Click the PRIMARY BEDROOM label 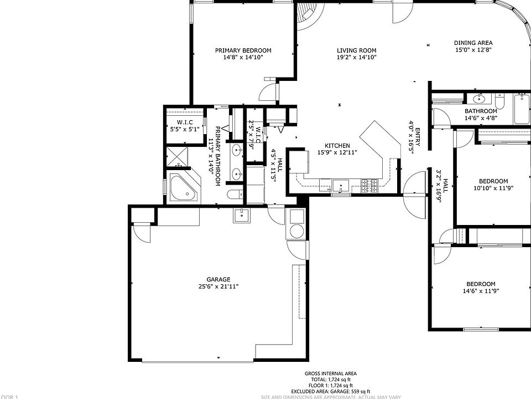click(243, 50)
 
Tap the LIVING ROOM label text click(356, 50)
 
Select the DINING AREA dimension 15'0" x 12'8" click(473, 50)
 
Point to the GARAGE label click(218, 279)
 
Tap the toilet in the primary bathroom click(234, 195)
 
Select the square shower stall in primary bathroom click(178, 155)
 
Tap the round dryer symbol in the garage click(296, 231)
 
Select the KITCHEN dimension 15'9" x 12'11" click(337, 152)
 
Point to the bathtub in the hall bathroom click(521, 109)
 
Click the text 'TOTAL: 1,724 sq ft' click(330, 380)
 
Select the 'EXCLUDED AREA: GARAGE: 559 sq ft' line click(330, 391)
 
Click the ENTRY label click(418, 137)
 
